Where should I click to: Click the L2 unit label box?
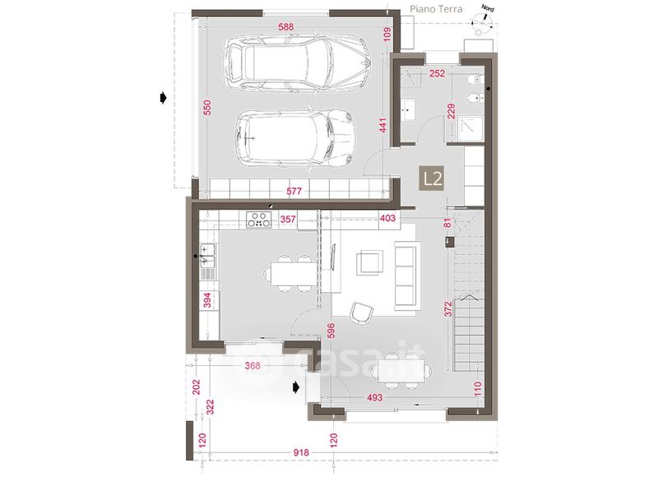pyautogui.click(x=433, y=178)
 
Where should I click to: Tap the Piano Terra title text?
pyautogui.click(x=436, y=9)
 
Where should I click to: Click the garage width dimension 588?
pyautogui.click(x=285, y=27)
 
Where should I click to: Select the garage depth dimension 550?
pyautogui.click(x=207, y=108)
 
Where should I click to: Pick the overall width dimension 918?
pyautogui.click(x=301, y=452)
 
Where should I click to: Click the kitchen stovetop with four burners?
pyautogui.click(x=259, y=220)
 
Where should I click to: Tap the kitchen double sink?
pyautogui.click(x=208, y=256)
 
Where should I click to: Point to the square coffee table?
pyautogui.click(x=369, y=262)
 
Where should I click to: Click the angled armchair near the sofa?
pyautogui.click(x=361, y=313)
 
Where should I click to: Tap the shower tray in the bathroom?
pyautogui.click(x=470, y=129)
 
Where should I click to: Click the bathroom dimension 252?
pyautogui.click(x=437, y=73)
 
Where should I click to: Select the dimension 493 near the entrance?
pyautogui.click(x=374, y=397)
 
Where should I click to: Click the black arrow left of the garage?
pyautogui.click(x=163, y=99)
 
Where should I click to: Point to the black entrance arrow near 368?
pyautogui.click(x=296, y=387)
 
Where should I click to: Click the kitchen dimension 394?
pyautogui.click(x=207, y=300)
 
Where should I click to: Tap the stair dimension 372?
pyautogui.click(x=448, y=309)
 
